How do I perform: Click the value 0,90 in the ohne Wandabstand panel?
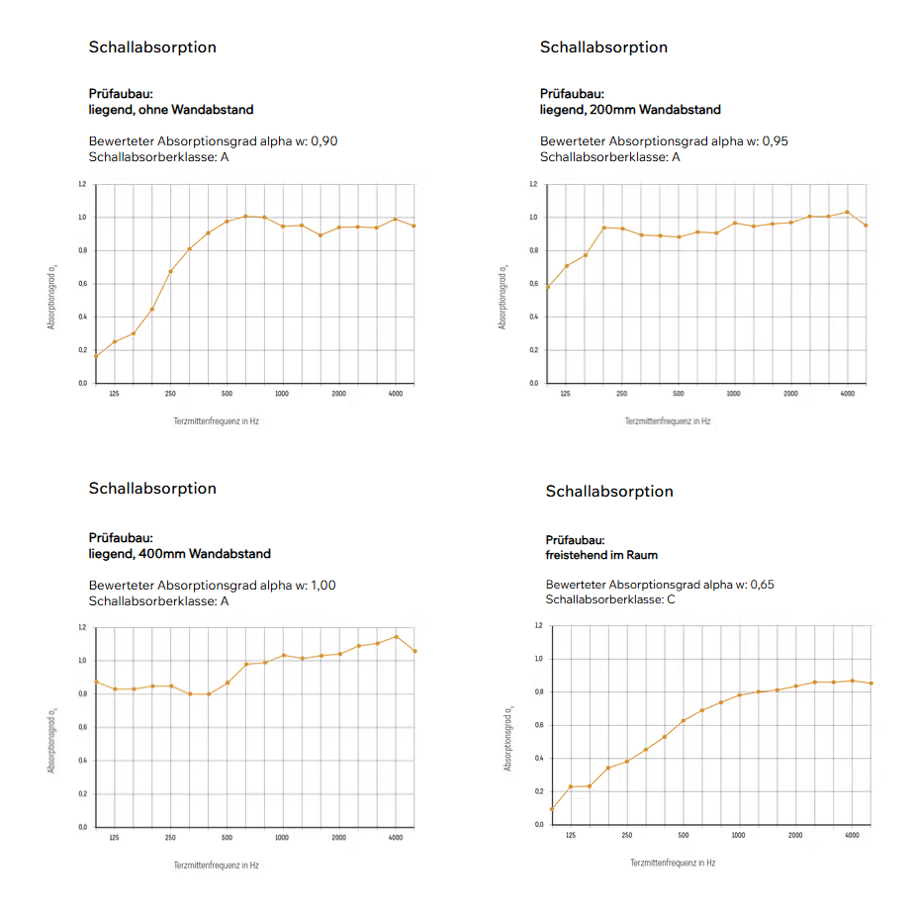click(324, 141)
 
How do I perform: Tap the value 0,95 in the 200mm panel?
click(775, 141)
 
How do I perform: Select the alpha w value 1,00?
click(323, 586)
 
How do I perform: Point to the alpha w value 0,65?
click(762, 585)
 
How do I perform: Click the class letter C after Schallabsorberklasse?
click(672, 599)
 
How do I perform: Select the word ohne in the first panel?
click(153, 110)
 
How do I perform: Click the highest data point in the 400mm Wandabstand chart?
click(396, 637)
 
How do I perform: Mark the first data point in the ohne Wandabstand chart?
click(96, 356)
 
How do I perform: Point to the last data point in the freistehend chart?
click(870, 684)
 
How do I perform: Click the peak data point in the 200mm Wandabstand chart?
click(848, 213)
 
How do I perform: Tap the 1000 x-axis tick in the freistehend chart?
click(738, 835)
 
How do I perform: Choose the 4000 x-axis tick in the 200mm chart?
click(848, 394)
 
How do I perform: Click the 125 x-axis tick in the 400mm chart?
click(114, 838)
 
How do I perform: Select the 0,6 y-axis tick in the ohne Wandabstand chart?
click(82, 284)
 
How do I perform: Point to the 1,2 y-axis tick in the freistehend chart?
click(538, 626)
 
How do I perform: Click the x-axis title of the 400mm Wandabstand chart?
click(217, 866)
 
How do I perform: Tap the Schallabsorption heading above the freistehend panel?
click(609, 492)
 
